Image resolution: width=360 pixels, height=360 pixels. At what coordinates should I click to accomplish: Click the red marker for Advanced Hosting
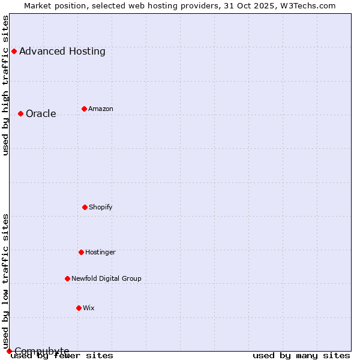14,51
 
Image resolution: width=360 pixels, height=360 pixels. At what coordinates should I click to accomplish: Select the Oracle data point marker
20,113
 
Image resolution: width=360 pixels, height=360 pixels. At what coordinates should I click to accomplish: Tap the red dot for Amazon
84,109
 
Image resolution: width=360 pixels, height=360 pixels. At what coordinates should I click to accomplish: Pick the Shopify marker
85,207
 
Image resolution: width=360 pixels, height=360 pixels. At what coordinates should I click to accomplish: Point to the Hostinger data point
81,252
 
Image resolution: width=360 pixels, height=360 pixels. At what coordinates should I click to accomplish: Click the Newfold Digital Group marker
67,278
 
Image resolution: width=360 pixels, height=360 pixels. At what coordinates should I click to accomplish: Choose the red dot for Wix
79,308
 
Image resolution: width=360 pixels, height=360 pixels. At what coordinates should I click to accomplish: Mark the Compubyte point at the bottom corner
9,351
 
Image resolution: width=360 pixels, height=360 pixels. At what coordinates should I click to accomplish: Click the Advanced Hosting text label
62,51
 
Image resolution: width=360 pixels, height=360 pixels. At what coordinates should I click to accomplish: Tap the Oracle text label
41,113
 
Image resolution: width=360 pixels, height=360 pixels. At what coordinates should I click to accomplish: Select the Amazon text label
101,109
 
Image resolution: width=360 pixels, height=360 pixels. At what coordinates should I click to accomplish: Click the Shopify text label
101,207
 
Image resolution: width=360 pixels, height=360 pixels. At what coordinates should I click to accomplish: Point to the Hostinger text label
100,252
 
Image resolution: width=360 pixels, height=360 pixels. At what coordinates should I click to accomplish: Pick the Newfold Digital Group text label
106,278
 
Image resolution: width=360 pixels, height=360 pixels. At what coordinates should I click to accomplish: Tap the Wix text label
89,308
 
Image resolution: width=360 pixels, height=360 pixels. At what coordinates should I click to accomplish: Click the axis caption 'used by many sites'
301,355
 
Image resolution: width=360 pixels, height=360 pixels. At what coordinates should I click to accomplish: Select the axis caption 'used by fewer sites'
62,355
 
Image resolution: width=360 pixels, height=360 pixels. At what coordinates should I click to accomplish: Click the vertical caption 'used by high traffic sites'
5,85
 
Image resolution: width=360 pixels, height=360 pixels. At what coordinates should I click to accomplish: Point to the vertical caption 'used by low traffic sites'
5,281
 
